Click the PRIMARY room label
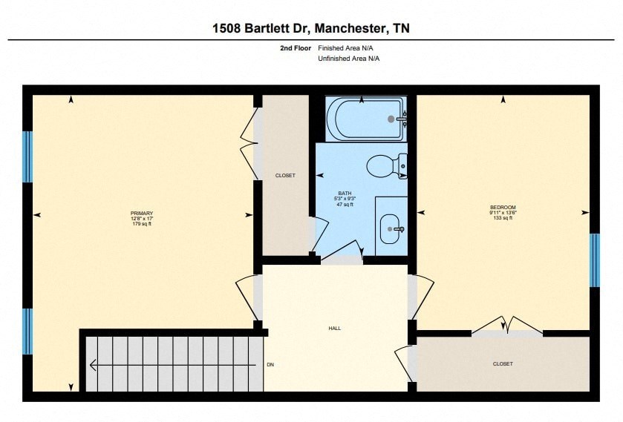tap(141, 214)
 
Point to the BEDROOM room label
tap(503, 207)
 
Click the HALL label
tap(334, 328)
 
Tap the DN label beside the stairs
tap(271, 365)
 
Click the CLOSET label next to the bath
tap(285, 176)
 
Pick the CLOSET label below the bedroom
tap(503, 363)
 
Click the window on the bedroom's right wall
tap(594, 260)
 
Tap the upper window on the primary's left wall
tap(27, 156)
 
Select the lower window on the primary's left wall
tap(27, 332)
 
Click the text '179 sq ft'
tap(141, 224)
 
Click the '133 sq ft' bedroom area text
tap(503, 217)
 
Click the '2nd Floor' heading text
tap(295, 47)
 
